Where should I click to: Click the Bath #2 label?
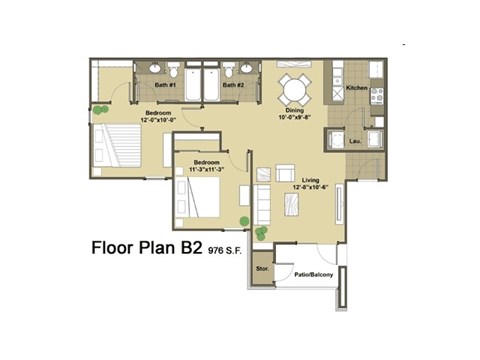point(234,86)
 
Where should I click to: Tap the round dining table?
point(295,84)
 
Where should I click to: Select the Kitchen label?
point(357,89)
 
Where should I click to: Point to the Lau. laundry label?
point(356,141)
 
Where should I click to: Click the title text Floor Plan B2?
point(147,247)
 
